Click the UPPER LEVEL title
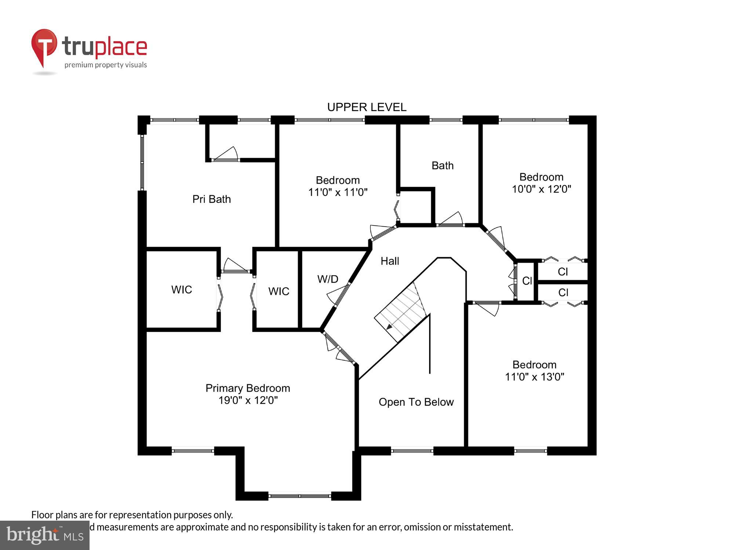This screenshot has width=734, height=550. [x=367, y=107]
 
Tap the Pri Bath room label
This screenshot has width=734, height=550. [x=211, y=199]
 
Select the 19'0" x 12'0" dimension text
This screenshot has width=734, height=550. [x=248, y=400]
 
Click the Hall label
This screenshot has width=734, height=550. [x=389, y=261]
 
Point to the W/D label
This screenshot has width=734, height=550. [x=327, y=279]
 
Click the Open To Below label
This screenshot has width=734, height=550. [x=416, y=402]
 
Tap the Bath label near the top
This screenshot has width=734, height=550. [x=442, y=166]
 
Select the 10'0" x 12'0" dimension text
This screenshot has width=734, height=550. [x=541, y=189]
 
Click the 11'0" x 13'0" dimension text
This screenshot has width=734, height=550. [x=534, y=377]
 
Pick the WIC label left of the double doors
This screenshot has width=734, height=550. [x=181, y=290]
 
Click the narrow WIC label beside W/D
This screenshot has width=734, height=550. [x=279, y=291]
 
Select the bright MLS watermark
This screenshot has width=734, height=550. [x=45, y=535]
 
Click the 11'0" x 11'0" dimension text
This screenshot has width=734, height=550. [x=338, y=192]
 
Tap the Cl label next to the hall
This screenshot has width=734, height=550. [x=527, y=281]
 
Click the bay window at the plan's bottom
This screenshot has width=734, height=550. [x=299, y=496]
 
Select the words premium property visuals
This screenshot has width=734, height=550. [x=106, y=65]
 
